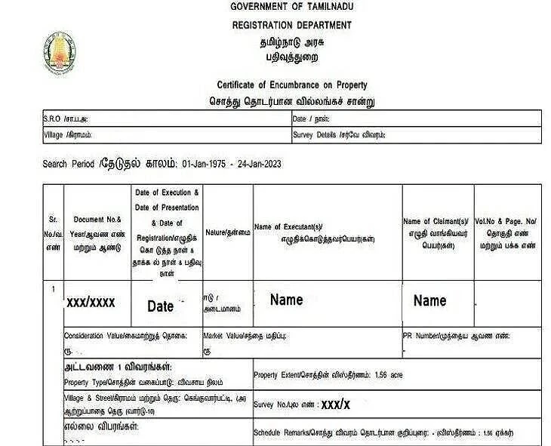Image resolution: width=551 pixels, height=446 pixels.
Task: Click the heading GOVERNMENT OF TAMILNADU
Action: click(x=291, y=7)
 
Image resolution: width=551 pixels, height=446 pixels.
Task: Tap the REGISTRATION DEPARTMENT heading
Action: click(x=291, y=25)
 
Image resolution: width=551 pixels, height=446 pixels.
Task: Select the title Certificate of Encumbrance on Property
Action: click(x=291, y=85)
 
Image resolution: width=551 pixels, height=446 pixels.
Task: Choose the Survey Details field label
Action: click(x=339, y=136)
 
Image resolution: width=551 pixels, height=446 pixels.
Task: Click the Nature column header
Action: click(x=227, y=233)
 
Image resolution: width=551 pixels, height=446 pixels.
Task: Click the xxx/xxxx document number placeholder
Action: click(x=91, y=303)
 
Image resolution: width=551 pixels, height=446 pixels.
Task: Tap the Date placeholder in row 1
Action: click(x=160, y=306)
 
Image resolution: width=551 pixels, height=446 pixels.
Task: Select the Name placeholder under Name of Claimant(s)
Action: click(x=429, y=301)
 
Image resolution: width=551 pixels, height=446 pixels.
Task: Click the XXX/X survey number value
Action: click(x=335, y=404)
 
